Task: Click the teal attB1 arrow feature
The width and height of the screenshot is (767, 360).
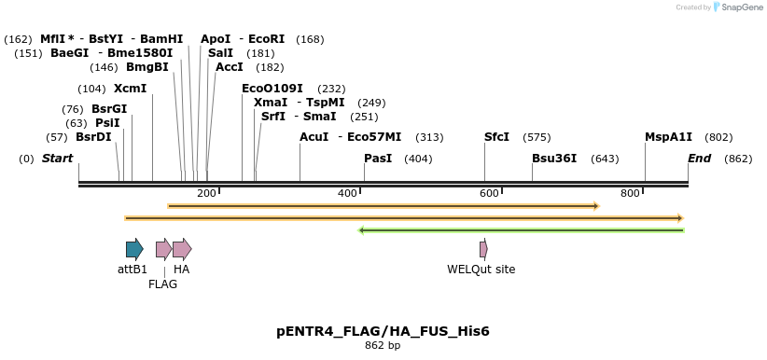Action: pos(134,249)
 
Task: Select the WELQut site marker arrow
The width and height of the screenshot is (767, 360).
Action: pos(483,249)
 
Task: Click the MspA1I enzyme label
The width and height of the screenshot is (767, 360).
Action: pos(668,137)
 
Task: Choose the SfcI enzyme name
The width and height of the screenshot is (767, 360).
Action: pos(496,137)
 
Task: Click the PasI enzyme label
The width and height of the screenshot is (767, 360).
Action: pos(378,159)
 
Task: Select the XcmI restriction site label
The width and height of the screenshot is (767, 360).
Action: pos(130,89)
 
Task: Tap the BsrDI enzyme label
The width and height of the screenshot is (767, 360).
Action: pos(93,137)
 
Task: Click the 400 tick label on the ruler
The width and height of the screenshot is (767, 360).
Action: pos(347,193)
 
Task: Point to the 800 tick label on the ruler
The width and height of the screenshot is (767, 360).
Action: pos(630,193)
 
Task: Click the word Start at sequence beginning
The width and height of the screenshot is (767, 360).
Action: pos(57,159)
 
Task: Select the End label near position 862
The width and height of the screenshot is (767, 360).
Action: pos(699,159)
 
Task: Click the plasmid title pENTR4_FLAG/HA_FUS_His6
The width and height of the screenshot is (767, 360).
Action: pos(383,331)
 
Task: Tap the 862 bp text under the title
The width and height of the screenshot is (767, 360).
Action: pos(383,346)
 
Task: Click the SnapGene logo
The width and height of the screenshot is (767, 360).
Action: pos(738,7)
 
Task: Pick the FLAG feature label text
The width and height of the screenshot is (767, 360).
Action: pos(162,284)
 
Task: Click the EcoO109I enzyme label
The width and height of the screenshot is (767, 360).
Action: pos(272,89)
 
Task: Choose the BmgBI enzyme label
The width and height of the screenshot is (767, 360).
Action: pos(147,67)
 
